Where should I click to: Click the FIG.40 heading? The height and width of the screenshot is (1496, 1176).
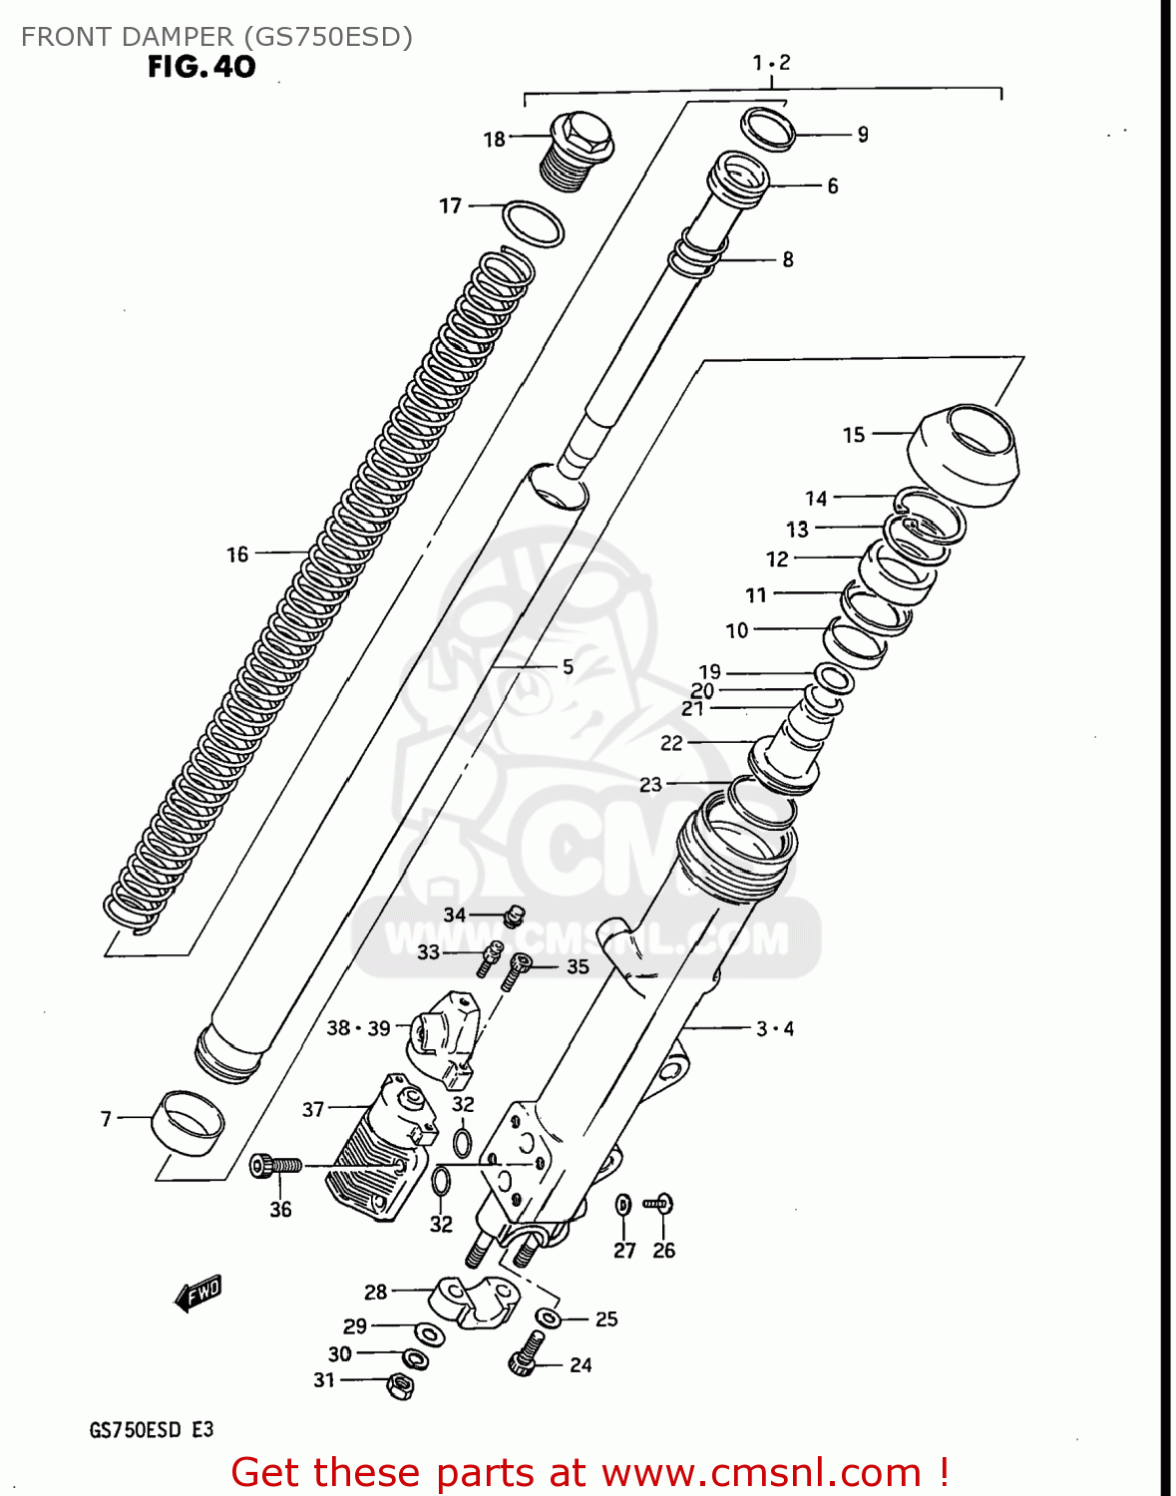pyautogui.click(x=201, y=67)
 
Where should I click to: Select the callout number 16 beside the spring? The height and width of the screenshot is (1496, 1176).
pyautogui.click(x=236, y=555)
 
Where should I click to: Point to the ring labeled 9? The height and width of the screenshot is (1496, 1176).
pyautogui.click(x=768, y=129)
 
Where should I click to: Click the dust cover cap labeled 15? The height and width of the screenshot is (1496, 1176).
pyautogui.click(x=964, y=454)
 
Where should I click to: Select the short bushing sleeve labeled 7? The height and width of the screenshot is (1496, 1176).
pyautogui.click(x=188, y=1121)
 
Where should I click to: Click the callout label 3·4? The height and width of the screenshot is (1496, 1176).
pyautogui.click(x=774, y=1028)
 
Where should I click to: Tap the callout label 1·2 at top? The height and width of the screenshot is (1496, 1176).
pyautogui.click(x=770, y=63)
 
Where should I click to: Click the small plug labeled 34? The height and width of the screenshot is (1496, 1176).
pyautogui.click(x=514, y=915)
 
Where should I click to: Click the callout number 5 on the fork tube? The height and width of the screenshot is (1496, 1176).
pyautogui.click(x=568, y=666)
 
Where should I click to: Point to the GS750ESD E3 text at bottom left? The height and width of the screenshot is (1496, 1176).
pyautogui.click(x=152, y=1429)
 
